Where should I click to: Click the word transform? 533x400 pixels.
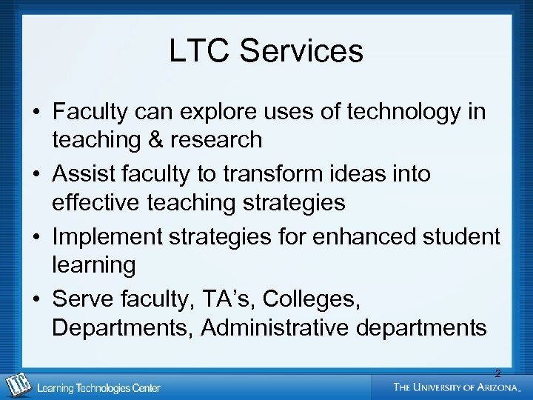click(264, 174)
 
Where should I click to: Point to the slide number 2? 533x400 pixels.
click(497, 373)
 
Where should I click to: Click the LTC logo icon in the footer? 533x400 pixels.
click(16, 385)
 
